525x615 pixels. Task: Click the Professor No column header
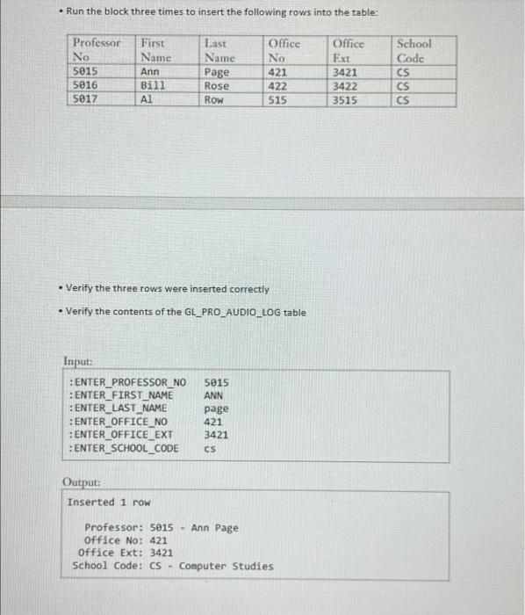pos(96,49)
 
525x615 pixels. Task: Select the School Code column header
pos(414,49)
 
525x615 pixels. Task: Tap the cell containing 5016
pos(85,86)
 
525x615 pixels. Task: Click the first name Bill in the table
pos(152,86)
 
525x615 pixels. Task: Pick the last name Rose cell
pos(216,86)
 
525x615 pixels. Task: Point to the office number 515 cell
pos(277,100)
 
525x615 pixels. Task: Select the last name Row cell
pos(213,100)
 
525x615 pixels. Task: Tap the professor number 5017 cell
pos(85,100)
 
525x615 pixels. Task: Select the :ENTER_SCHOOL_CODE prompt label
pos(124,448)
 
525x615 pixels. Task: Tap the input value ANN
pos(213,395)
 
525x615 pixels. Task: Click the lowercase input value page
pos(216,409)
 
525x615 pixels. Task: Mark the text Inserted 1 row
pos(109,503)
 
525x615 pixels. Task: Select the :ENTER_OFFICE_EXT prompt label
pos(121,435)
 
